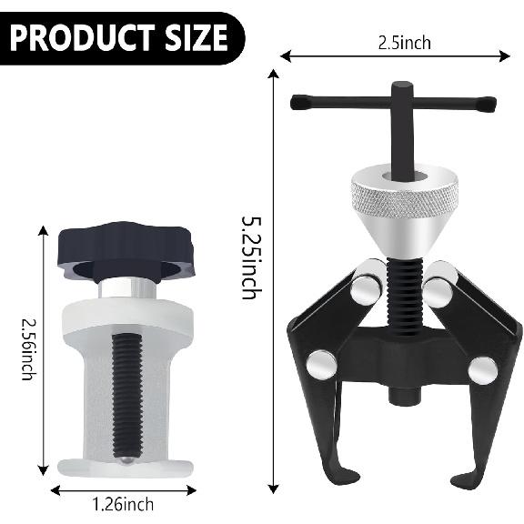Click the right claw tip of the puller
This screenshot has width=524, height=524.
pos(475,477)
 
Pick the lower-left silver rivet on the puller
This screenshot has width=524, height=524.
pos(321,364)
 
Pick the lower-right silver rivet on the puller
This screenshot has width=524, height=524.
pos(483,369)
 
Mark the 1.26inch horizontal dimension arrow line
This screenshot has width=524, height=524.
pos(121,489)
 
